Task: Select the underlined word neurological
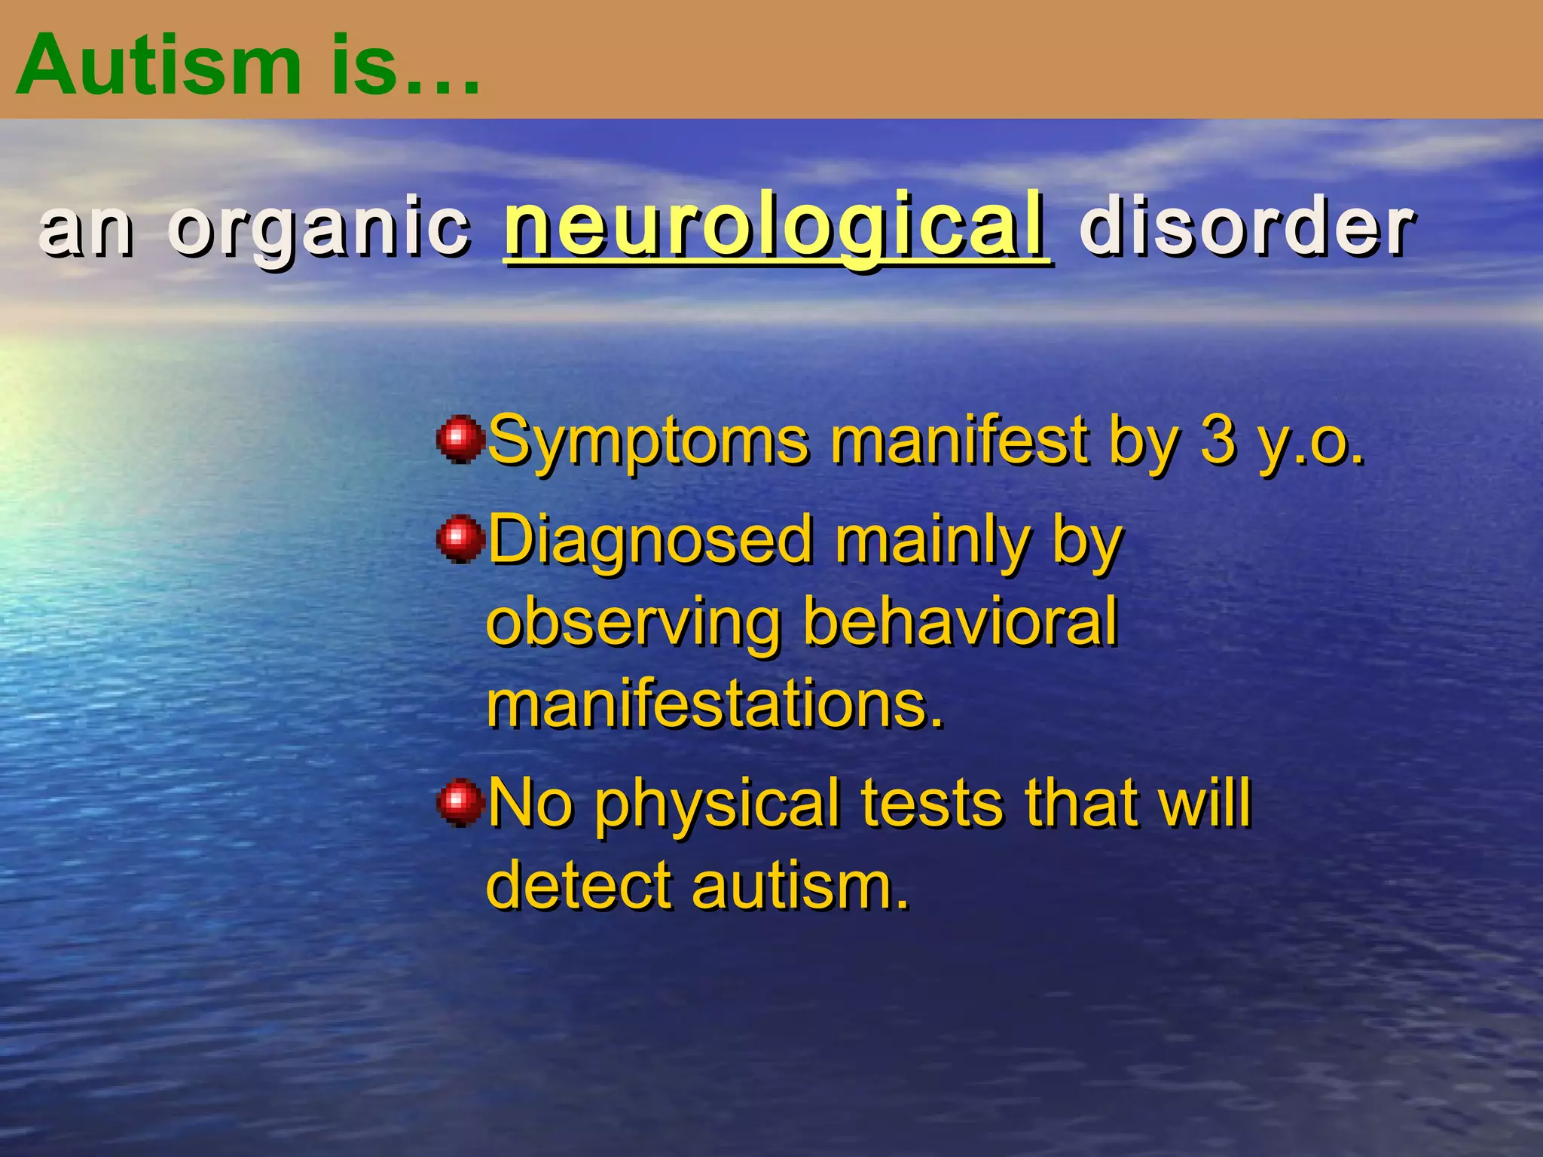point(776,226)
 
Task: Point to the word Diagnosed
point(652,541)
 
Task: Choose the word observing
point(633,624)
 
